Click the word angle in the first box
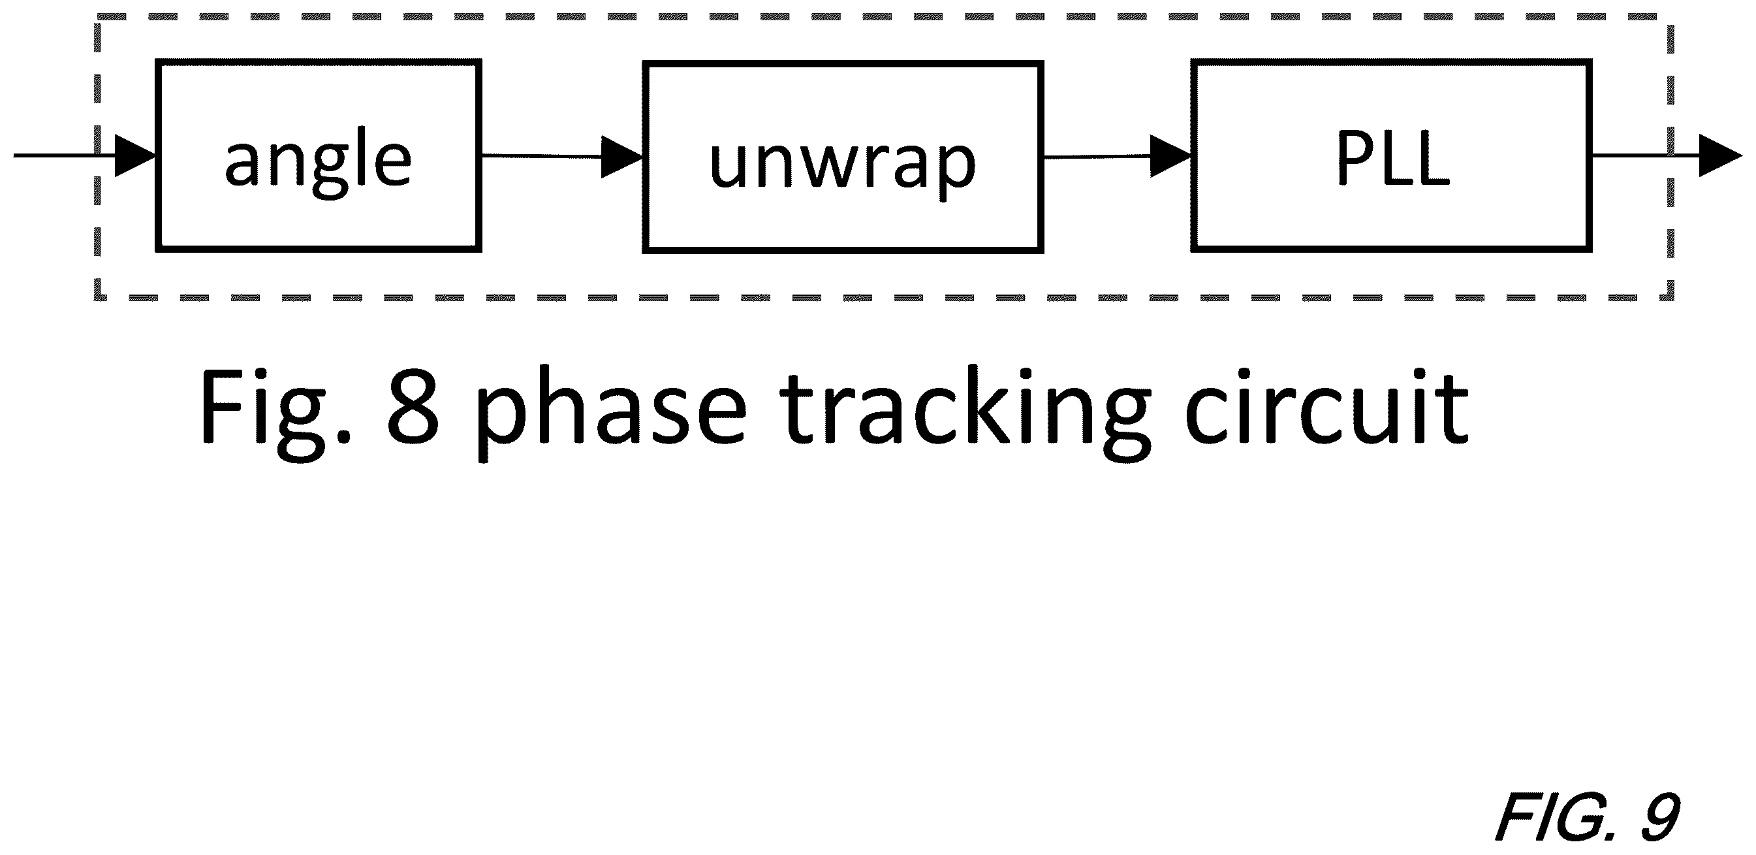tap(318, 161)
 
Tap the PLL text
tap(1392, 158)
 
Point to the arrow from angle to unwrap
tap(563, 157)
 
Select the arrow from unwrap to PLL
tap(1118, 157)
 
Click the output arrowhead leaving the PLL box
tap(1721, 155)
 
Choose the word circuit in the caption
tap(1326, 406)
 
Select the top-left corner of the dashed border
tap(98, 18)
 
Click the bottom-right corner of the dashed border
tap(1670, 298)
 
